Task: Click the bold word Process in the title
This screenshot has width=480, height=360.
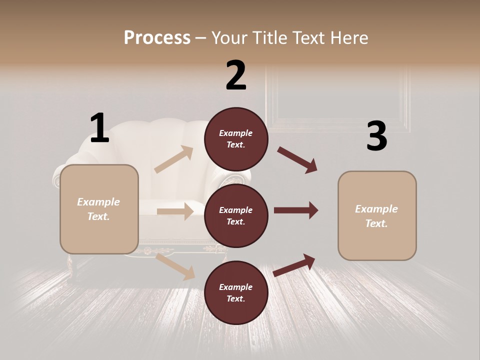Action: [157, 37]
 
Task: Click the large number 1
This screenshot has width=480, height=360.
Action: [99, 128]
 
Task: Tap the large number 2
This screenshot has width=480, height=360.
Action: [236, 75]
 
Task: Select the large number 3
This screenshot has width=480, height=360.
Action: [376, 136]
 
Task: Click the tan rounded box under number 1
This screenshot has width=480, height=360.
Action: [99, 209]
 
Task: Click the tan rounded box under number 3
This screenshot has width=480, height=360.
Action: [377, 216]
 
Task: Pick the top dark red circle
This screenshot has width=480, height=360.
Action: [236, 139]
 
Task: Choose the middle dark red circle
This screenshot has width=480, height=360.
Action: [236, 215]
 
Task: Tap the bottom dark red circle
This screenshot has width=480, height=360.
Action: [236, 292]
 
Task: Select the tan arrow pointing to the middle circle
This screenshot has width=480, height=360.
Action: [175, 211]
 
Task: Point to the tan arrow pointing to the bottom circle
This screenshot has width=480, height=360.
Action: [175, 266]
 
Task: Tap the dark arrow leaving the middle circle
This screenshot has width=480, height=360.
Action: [296, 210]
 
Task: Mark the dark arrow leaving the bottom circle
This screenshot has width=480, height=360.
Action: [294, 265]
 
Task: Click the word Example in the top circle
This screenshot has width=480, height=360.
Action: [236, 133]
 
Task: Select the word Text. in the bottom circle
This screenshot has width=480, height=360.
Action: [236, 298]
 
